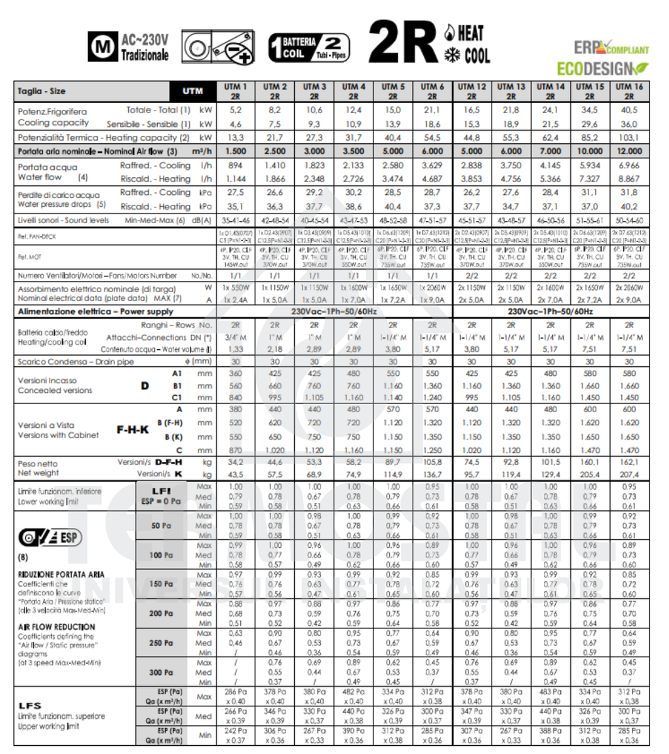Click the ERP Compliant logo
(x=611, y=48)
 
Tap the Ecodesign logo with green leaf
(x=600, y=67)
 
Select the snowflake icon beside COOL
(x=451, y=55)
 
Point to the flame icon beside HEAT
(x=450, y=32)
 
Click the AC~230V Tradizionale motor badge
(x=128, y=47)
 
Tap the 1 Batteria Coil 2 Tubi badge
(x=308, y=47)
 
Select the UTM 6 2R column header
(x=432, y=91)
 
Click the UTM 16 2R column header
(x=629, y=91)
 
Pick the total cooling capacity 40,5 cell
(x=629, y=110)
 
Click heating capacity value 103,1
(x=629, y=138)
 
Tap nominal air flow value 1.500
(x=235, y=151)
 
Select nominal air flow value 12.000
(x=629, y=151)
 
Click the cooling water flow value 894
(x=235, y=165)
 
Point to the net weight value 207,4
(x=629, y=474)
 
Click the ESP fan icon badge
(x=50, y=538)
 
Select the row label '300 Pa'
(x=156, y=672)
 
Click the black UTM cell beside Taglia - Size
(x=192, y=91)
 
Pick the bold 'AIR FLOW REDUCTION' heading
(x=57, y=627)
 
